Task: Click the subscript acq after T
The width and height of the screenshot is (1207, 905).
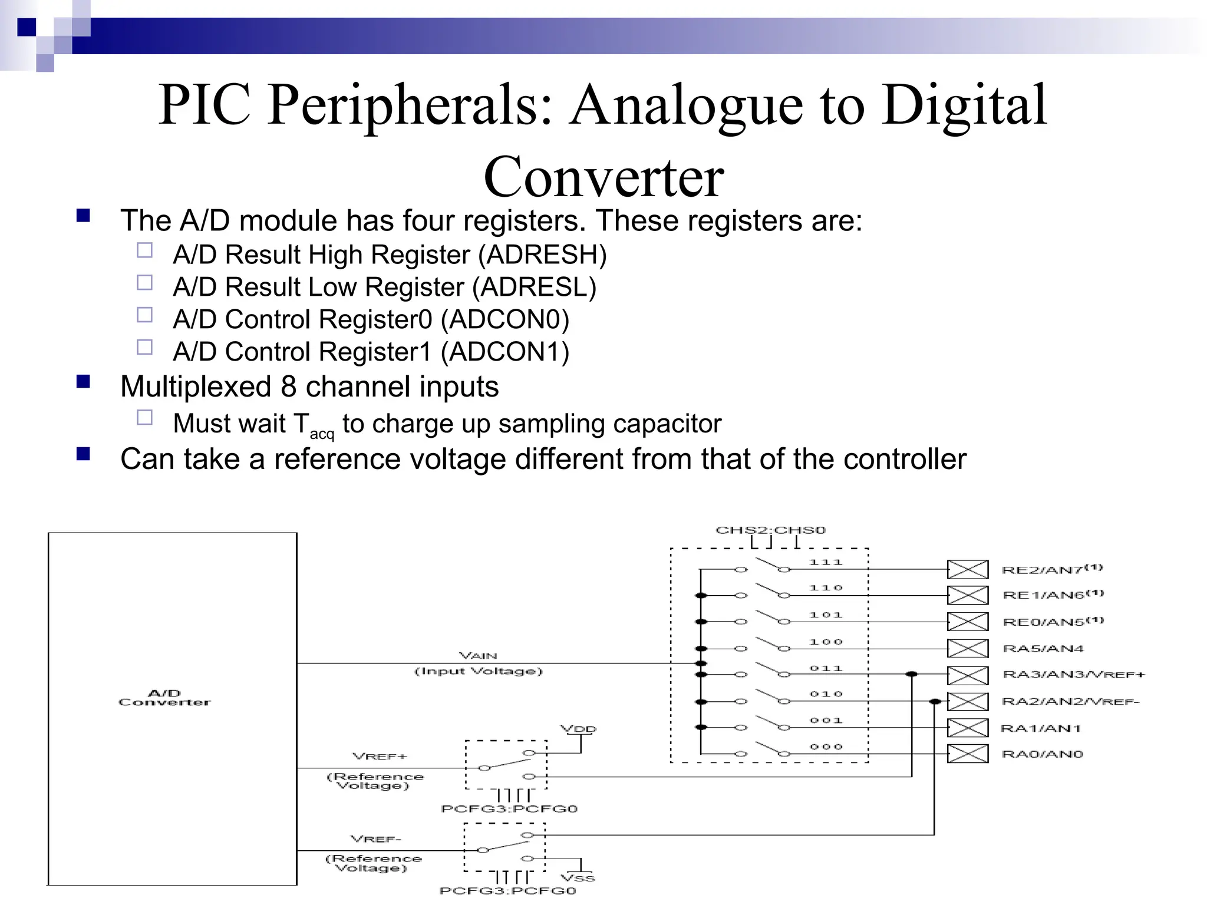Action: tap(322, 435)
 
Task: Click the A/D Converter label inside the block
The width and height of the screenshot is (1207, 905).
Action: tap(164, 698)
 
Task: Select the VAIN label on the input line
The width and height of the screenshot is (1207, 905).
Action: tap(478, 656)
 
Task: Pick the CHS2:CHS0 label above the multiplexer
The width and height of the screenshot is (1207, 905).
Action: tap(770, 530)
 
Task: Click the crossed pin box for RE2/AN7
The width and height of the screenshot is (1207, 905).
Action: tap(967, 570)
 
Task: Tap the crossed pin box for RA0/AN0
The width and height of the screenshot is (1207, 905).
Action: tap(967, 754)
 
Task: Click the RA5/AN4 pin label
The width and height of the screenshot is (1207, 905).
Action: tap(1043, 649)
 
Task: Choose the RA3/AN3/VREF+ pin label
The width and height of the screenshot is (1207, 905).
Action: tap(1073, 675)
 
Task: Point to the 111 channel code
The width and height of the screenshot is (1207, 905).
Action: tap(826, 563)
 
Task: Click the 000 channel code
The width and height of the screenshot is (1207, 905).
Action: tap(826, 747)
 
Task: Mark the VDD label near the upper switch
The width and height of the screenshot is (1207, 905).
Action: tap(578, 729)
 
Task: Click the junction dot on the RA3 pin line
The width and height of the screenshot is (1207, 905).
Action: tap(911, 674)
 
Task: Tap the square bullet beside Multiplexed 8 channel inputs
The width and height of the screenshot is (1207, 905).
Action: tap(83, 382)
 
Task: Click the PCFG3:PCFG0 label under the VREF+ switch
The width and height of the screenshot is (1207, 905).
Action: tap(509, 809)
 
